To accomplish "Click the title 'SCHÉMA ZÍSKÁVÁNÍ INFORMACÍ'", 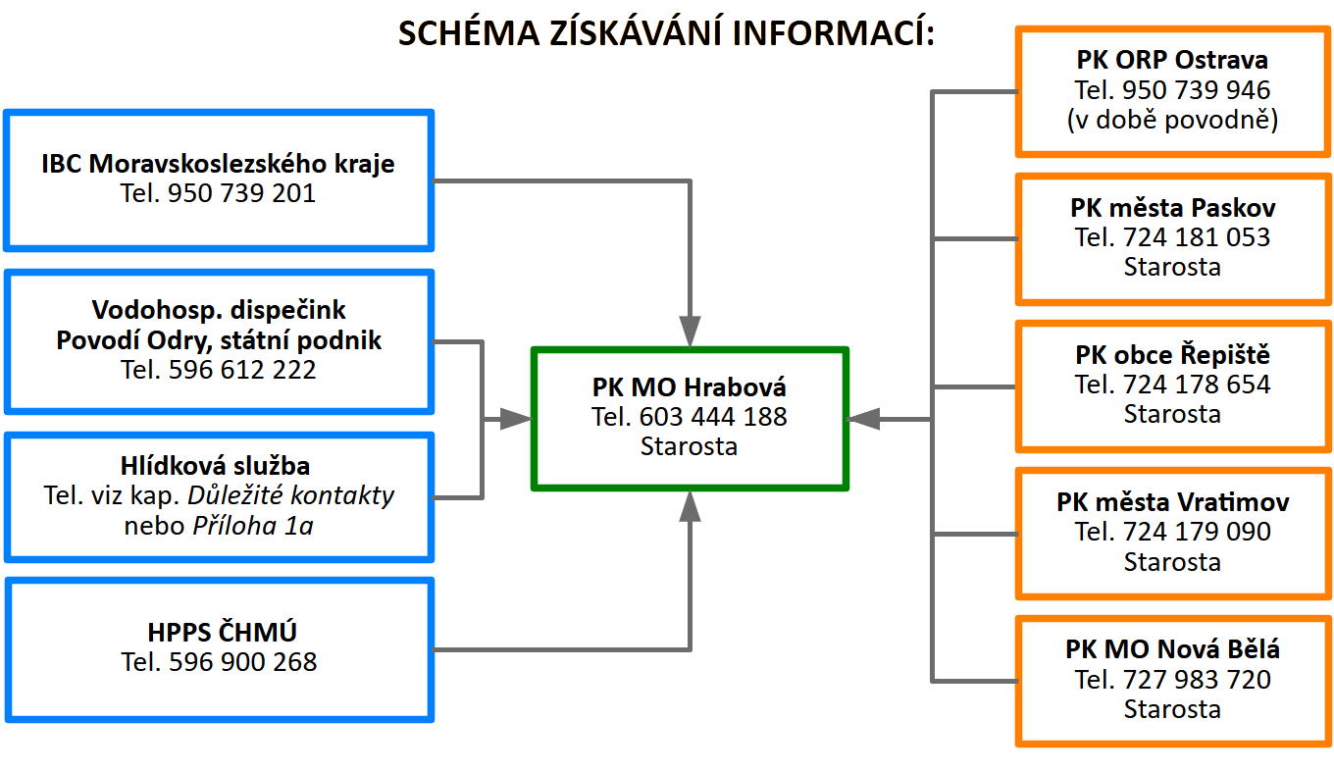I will [x=667, y=33].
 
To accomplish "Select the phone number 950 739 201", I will [x=241, y=193].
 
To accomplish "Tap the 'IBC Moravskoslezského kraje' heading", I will [x=218, y=163].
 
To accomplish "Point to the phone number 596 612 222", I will [x=242, y=370].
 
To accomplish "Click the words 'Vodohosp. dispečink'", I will [x=219, y=310].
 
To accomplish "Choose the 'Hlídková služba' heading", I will [x=219, y=466].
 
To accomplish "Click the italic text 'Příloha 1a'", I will [x=252, y=525].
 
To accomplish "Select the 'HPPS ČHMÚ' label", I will [x=219, y=632].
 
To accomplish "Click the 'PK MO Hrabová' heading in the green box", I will [x=690, y=386].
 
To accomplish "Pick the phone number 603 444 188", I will [x=713, y=417].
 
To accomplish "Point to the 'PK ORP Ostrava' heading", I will [x=1172, y=61].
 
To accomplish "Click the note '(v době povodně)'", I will [x=1172, y=120].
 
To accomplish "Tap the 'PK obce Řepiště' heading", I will [x=1172, y=355].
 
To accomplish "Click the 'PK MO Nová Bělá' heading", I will [x=1172, y=649].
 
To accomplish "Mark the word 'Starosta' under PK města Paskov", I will [x=1172, y=267].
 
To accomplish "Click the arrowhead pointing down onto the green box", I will [x=691, y=331].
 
